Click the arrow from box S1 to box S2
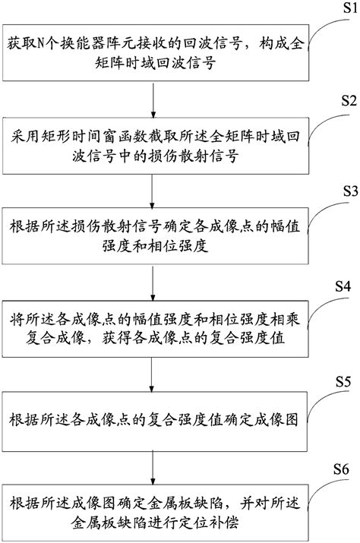pyautogui.click(x=155, y=99)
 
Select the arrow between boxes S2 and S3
pyautogui.click(x=155, y=187)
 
